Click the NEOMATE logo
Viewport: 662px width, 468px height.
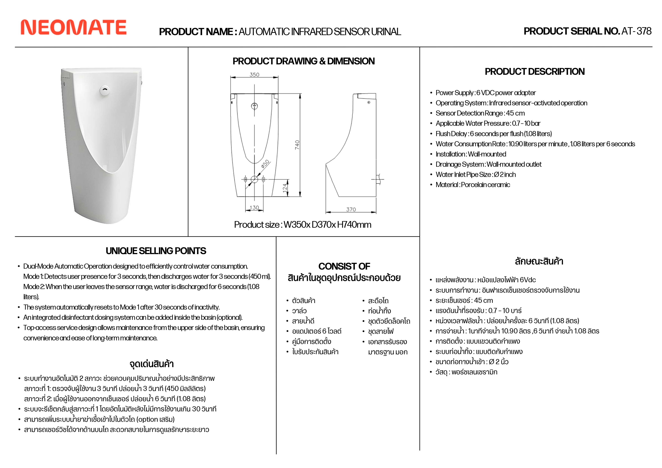point(74,27)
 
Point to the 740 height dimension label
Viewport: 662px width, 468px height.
point(297,145)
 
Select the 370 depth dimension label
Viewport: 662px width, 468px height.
point(351,210)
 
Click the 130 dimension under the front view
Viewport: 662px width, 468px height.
point(254,208)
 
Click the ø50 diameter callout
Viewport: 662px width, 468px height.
point(265,164)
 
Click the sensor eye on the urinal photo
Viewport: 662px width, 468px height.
point(105,90)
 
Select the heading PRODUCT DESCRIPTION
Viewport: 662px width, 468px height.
point(534,72)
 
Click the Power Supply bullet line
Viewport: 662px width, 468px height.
point(486,93)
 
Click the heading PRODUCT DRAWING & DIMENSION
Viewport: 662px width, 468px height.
point(304,61)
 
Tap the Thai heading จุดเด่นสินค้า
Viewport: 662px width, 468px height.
point(152,364)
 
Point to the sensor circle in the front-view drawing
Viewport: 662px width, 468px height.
point(254,106)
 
